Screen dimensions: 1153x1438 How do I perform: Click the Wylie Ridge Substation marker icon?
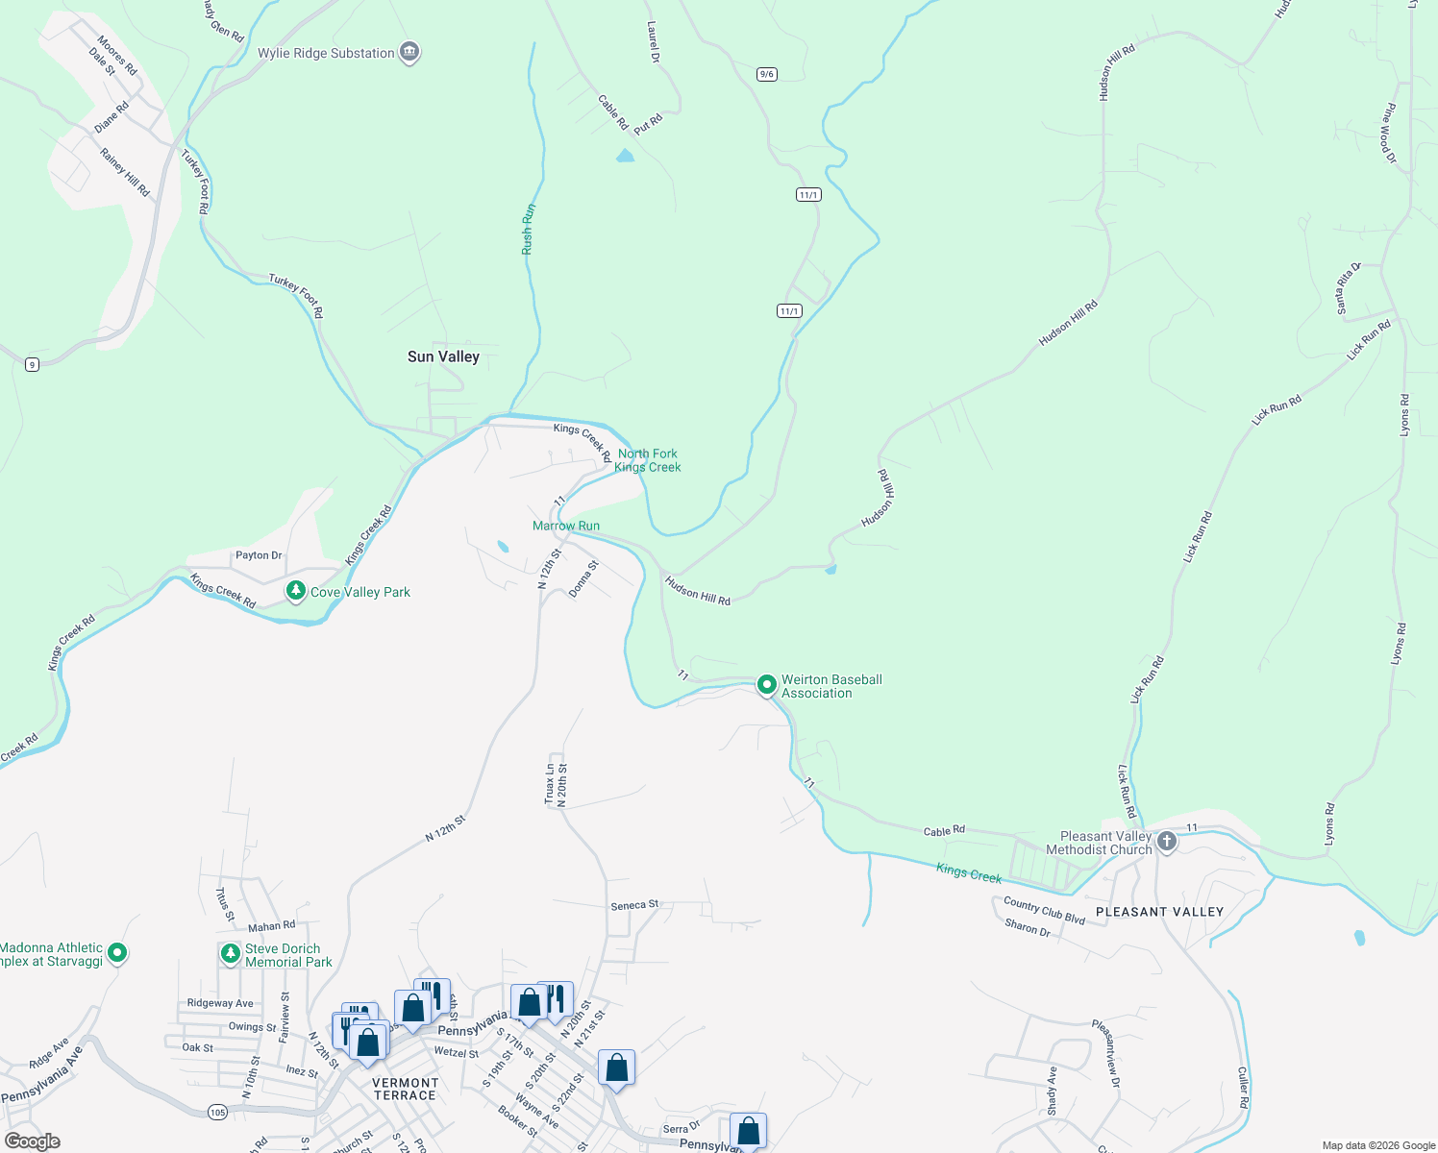point(409,52)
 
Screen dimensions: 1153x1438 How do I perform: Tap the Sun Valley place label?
point(443,356)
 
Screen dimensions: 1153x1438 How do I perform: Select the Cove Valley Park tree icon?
point(296,591)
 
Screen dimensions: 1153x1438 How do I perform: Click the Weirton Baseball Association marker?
point(766,685)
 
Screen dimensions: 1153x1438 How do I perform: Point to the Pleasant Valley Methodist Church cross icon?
point(1166,843)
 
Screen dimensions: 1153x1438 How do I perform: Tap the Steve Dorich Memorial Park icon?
point(230,953)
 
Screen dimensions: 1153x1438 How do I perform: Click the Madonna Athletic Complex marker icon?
point(117,953)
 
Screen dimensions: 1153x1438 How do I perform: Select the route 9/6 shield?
point(766,74)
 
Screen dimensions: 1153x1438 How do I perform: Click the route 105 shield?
point(217,1112)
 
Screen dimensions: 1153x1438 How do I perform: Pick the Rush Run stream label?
point(528,229)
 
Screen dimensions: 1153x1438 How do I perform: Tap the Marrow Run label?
point(566,526)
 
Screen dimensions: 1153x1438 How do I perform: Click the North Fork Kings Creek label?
point(648,460)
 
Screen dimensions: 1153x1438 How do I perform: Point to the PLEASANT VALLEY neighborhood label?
point(1159,912)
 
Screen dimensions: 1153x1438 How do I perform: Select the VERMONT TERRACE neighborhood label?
point(406,1089)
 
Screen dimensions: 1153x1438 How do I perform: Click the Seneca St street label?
point(634,905)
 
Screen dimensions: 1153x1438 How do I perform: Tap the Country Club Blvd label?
point(1044,911)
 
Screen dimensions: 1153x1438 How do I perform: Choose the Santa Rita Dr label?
point(1348,287)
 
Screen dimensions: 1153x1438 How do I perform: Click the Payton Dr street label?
point(259,555)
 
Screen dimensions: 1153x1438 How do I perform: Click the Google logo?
point(33,1141)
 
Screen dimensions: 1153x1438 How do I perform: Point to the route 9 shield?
point(33,364)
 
